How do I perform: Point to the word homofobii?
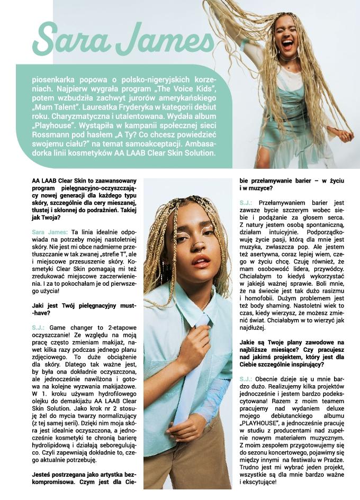[x=258, y=298]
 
